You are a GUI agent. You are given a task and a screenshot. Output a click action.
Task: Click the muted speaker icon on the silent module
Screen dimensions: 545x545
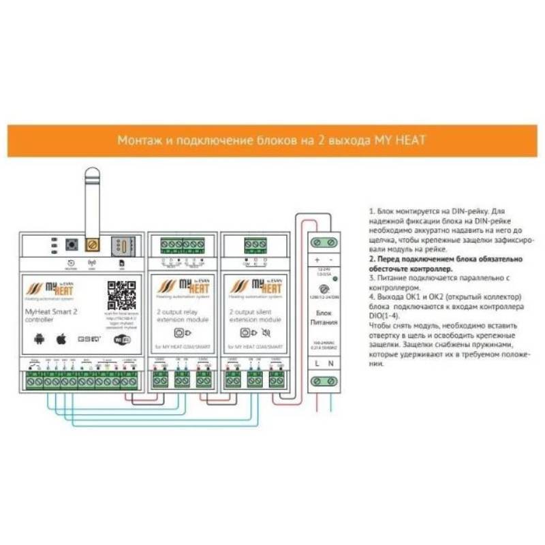pos(266,333)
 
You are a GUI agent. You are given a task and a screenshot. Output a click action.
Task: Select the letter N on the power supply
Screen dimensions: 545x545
pos(332,365)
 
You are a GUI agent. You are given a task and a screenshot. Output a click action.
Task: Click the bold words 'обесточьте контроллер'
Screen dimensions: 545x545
pos(408,269)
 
